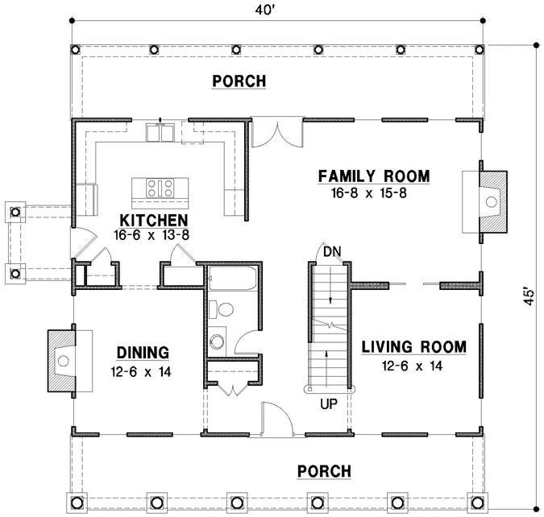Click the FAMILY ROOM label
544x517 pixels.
pos(373,176)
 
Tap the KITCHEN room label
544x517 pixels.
pos(154,220)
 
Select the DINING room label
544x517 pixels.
pos(142,352)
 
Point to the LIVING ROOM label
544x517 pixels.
pos(413,347)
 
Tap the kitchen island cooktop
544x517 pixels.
pos(160,188)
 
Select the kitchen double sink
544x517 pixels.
pos(160,132)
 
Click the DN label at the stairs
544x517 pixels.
pos(330,252)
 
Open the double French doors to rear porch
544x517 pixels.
pos(276,134)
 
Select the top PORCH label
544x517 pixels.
pos(239,81)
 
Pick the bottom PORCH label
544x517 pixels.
pos(324,471)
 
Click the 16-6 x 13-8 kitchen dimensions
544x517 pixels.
pos(154,235)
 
